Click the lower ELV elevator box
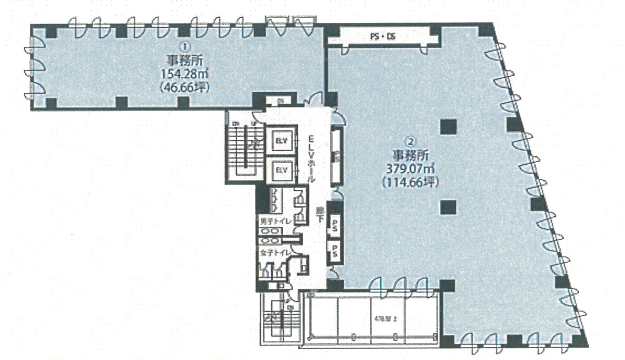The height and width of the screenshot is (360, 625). click(x=282, y=170)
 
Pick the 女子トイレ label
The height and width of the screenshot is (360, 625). click(x=274, y=253)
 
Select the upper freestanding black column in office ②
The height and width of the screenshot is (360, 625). click(x=448, y=127)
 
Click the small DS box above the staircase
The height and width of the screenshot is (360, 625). click(x=280, y=101)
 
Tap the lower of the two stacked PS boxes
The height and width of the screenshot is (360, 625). click(x=334, y=251)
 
